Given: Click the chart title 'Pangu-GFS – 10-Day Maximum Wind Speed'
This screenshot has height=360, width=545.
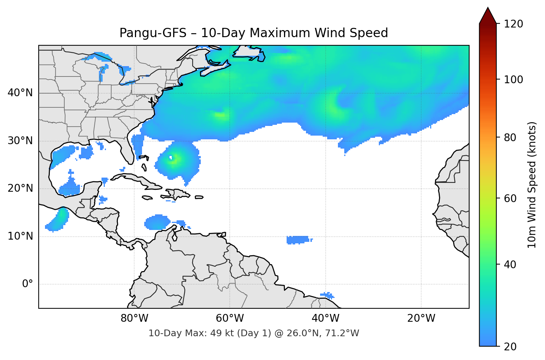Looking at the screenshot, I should (254, 33).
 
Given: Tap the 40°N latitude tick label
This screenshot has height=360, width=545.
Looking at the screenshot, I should (20, 93).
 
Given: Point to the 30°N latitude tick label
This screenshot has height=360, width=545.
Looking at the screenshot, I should (20, 141).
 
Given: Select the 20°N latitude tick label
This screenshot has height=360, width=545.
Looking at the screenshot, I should (20, 188).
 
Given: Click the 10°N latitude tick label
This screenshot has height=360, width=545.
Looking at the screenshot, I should (20, 236).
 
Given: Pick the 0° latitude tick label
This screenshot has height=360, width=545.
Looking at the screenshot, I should (27, 284).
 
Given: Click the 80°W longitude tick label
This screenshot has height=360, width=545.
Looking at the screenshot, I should (134, 318).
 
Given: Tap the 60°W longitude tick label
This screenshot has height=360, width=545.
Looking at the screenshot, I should (230, 318).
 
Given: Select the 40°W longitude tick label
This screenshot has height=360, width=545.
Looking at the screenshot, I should (326, 318).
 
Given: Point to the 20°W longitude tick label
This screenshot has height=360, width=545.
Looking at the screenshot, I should (421, 318).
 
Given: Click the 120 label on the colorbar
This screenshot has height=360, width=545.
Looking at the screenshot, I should (513, 24).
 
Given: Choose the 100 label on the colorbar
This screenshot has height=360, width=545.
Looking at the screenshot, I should (513, 80).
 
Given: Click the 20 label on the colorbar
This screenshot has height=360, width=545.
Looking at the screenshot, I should (510, 347).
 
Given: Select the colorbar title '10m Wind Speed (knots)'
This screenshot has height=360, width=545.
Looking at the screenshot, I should (532, 185).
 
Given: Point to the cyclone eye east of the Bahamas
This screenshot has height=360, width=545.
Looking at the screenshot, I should (171, 158).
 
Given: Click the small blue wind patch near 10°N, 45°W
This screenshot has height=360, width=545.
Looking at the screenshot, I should (298, 240).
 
